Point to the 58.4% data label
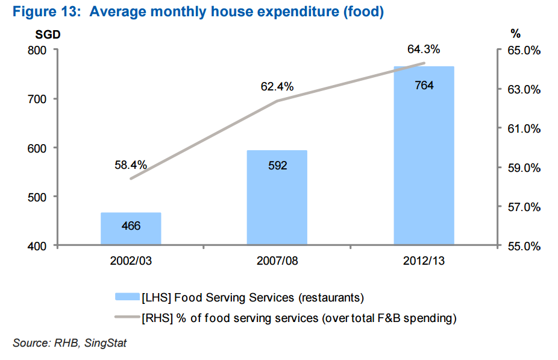131,165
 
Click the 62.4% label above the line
277,87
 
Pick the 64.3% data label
424,49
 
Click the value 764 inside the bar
424,86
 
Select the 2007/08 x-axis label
277,262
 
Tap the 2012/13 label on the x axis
424,262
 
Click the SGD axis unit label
48,34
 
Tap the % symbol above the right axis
515,34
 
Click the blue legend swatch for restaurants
127,297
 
